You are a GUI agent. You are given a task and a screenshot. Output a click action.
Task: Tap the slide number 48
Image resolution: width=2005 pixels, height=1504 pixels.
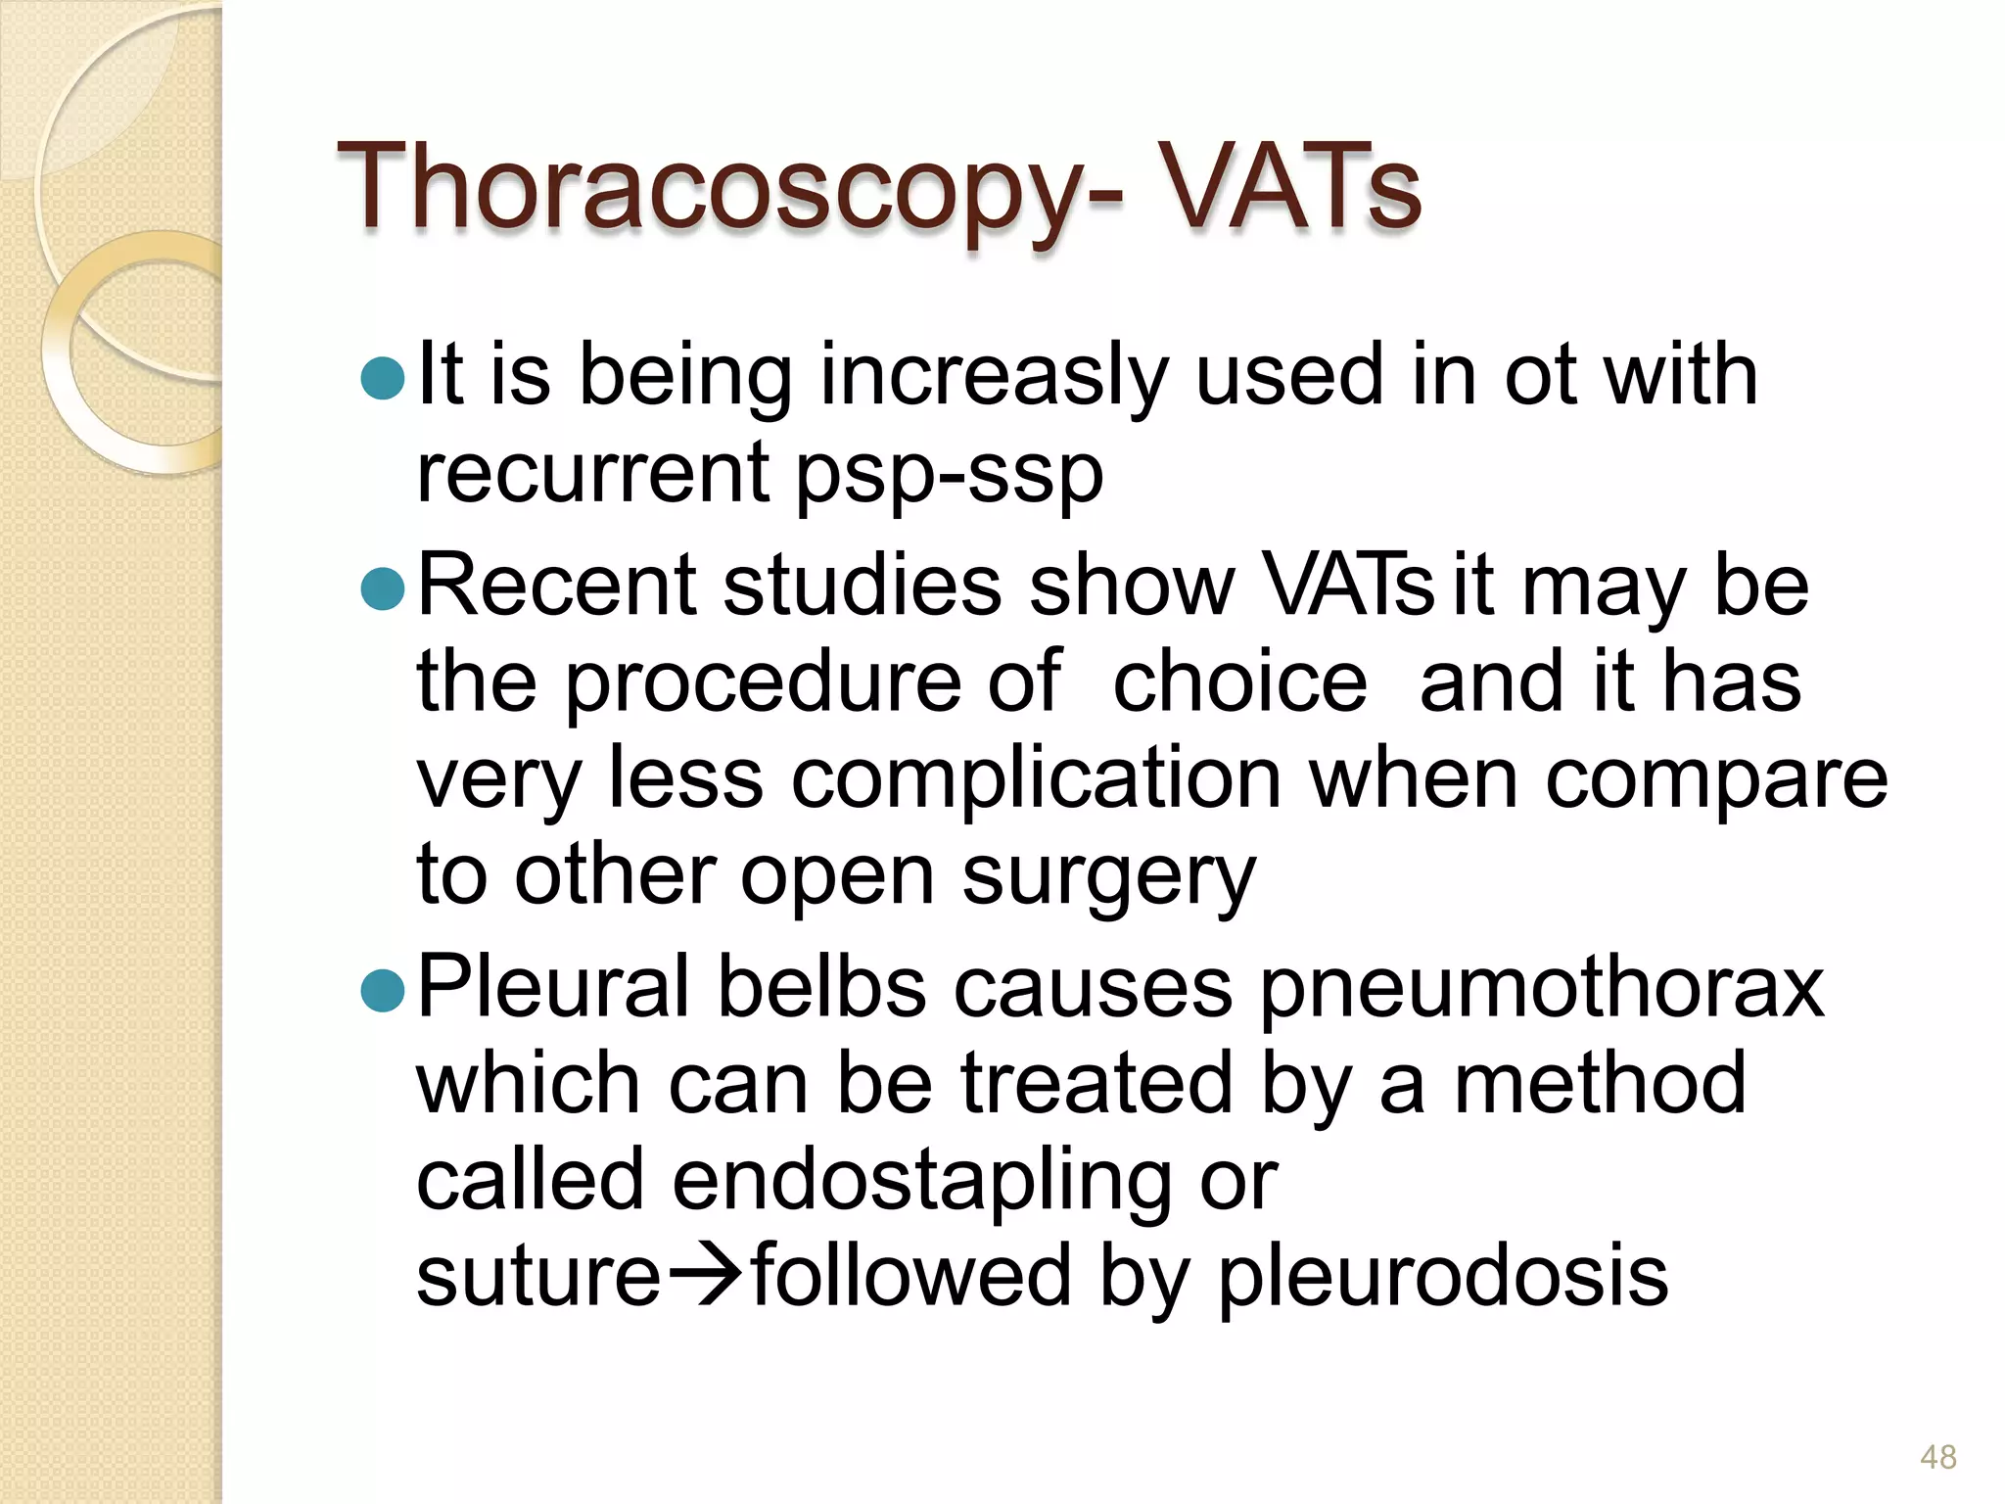1937,1457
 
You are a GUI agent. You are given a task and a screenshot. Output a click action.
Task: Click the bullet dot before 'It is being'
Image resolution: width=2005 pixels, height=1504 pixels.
383,378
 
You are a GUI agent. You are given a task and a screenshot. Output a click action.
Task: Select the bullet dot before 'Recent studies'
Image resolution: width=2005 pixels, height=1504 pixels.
383,588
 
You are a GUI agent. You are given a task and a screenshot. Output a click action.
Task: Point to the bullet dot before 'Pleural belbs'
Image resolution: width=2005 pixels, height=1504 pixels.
383,990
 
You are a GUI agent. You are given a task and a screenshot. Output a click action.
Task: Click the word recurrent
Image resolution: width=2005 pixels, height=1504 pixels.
592,472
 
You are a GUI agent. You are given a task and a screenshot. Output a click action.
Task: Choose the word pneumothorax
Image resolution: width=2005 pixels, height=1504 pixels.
1542,989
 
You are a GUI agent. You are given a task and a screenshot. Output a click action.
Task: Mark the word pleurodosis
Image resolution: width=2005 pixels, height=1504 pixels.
1443,1277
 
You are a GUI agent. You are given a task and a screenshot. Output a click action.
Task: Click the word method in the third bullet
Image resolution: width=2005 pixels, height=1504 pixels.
1600,1083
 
